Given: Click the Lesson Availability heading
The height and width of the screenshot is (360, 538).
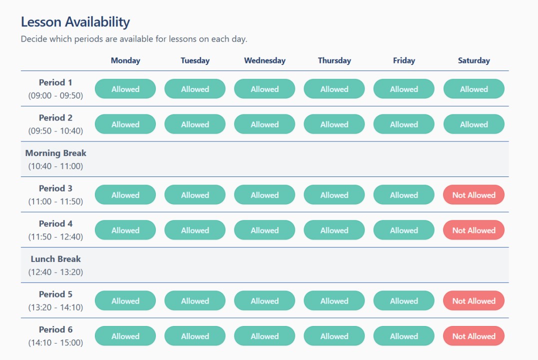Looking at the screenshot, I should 75,22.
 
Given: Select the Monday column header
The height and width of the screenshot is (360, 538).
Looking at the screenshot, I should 125,60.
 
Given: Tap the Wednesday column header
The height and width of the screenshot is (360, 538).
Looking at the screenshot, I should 265,60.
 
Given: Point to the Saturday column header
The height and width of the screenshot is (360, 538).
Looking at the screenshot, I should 474,60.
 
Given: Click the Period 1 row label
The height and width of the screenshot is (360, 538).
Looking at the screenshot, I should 55,82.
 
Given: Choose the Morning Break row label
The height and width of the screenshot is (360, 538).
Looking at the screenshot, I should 55,153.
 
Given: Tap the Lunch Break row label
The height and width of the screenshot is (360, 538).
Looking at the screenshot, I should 55,259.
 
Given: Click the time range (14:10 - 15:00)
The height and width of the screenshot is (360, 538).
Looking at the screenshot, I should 55,343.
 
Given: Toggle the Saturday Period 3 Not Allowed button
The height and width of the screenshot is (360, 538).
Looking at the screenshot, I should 474,195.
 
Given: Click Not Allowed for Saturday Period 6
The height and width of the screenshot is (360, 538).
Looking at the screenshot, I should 474,336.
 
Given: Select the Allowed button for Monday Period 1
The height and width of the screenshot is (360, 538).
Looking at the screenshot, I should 125,89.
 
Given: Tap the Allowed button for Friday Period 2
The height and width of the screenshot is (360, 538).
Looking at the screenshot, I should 404,124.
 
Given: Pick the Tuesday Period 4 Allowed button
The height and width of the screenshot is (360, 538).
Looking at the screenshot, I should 195,230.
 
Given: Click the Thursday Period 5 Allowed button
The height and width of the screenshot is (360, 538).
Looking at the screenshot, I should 334,301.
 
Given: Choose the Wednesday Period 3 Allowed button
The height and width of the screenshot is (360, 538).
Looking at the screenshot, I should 265,195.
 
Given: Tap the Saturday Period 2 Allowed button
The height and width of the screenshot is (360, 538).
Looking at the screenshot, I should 474,124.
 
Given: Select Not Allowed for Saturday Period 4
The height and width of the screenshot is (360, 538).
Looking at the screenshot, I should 474,230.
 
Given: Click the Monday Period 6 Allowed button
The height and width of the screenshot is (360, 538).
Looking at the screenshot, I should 125,336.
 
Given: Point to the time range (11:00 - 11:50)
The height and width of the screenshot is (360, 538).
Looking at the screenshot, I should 55,201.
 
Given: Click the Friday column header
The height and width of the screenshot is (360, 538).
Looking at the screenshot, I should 404,60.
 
